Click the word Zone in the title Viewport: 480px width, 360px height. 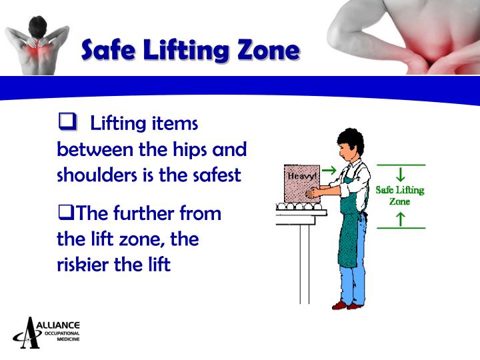pyautogui.click(x=265, y=50)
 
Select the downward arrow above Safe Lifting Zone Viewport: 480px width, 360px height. pyautogui.click(x=401, y=175)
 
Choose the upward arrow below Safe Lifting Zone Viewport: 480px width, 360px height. pyautogui.click(x=401, y=217)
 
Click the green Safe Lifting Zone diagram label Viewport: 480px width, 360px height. pyautogui.click(x=400, y=195)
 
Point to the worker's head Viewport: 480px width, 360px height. pyautogui.click(x=348, y=144)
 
